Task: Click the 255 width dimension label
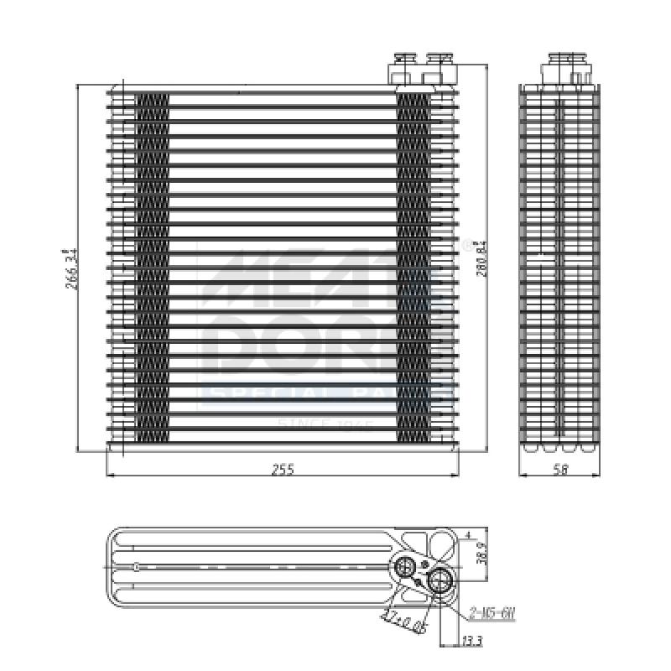pyautogui.click(x=283, y=470)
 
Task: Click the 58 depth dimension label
pyautogui.click(x=560, y=470)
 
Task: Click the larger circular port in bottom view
pyautogui.click(x=439, y=580)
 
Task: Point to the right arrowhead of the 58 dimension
pyautogui.click(x=599, y=476)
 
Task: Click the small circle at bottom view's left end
pyautogui.click(x=136, y=567)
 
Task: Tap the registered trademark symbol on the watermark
pyautogui.click(x=467, y=246)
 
